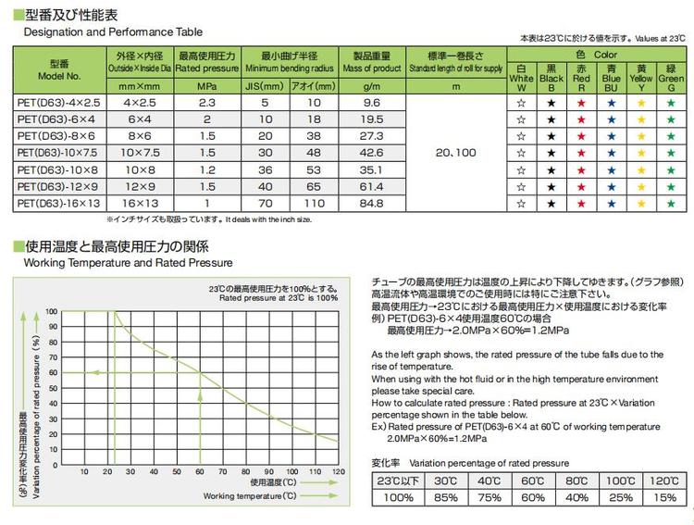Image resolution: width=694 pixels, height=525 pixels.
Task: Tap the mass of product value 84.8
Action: (372, 201)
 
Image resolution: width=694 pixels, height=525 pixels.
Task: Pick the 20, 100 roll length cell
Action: (452, 152)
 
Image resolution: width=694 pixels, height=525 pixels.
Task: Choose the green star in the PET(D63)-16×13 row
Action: (669, 202)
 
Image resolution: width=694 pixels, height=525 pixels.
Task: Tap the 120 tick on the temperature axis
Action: (337, 472)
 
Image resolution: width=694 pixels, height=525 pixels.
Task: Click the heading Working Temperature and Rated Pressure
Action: (112, 263)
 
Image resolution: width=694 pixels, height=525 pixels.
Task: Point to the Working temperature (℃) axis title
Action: (246, 496)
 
